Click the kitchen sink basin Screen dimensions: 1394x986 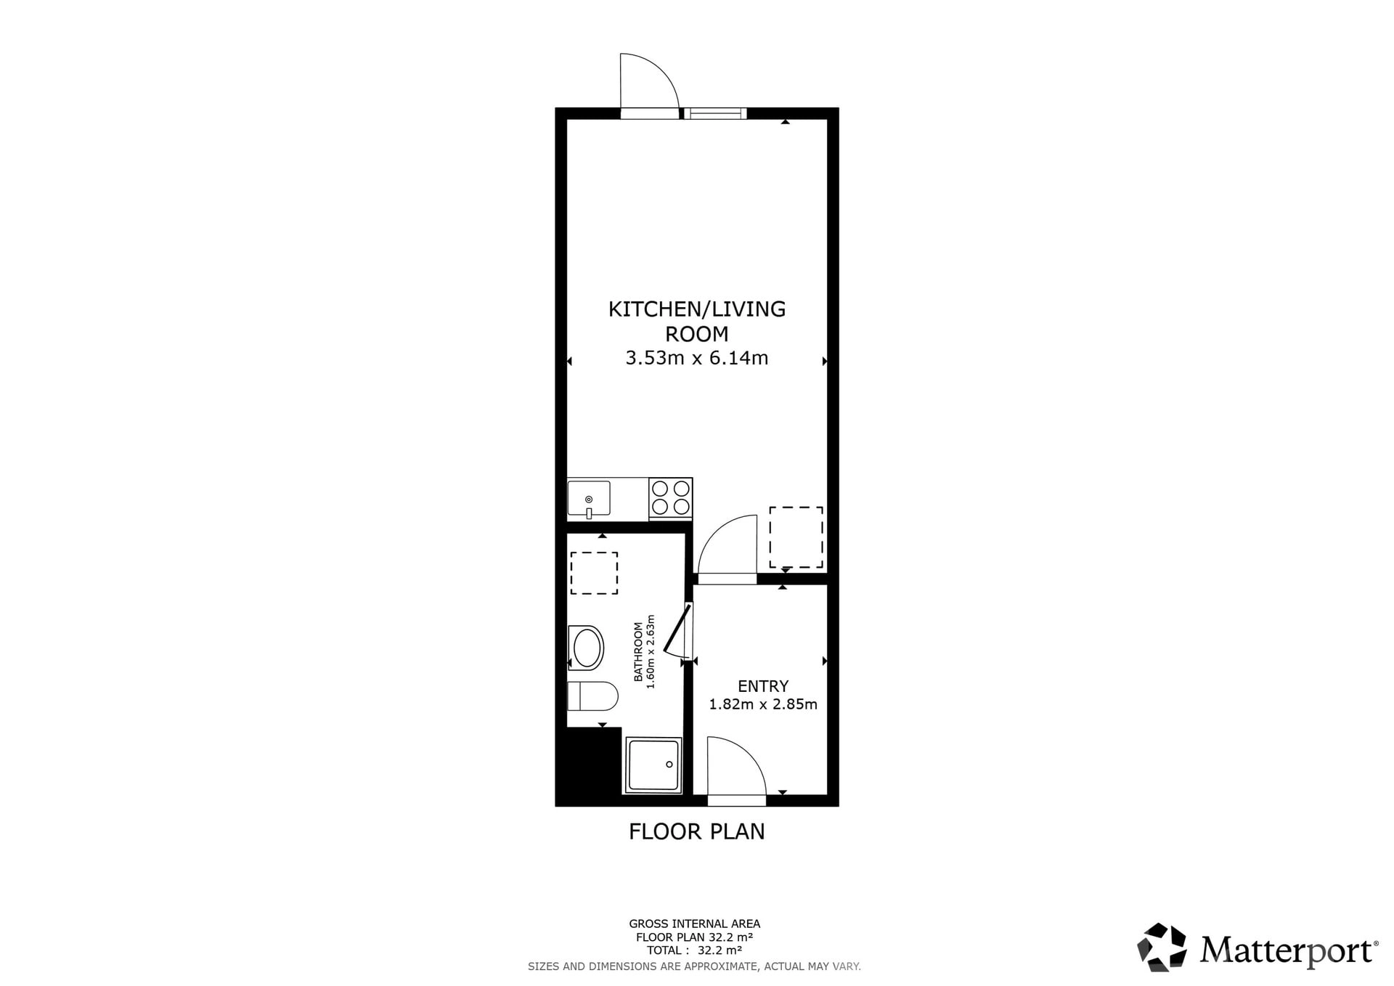click(x=589, y=498)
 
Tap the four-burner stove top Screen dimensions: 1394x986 click(x=670, y=497)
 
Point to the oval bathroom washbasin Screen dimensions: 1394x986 click(x=586, y=648)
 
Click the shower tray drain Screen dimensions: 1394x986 click(x=669, y=765)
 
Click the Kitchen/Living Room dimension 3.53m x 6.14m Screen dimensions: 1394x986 click(x=697, y=358)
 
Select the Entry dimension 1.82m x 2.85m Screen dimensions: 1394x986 click(x=763, y=704)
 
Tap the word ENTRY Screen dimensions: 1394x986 click(x=763, y=686)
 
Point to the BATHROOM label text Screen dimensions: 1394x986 click(x=638, y=651)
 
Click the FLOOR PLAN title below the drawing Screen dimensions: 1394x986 click(x=697, y=831)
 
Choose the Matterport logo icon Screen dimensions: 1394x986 click(x=1162, y=947)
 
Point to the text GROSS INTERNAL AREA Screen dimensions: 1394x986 click(x=695, y=924)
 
